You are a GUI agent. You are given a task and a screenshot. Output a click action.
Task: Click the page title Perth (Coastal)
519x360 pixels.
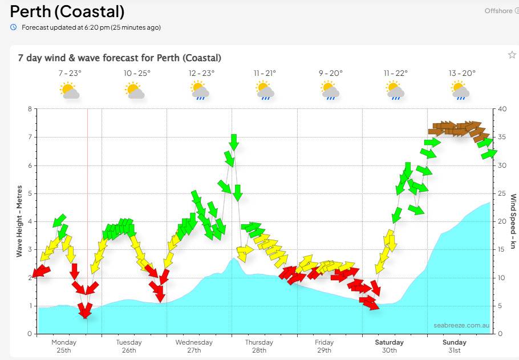click(67, 11)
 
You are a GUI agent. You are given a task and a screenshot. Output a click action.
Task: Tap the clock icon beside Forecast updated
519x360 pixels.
click(13, 27)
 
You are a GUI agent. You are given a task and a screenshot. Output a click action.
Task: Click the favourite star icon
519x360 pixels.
click(512, 55)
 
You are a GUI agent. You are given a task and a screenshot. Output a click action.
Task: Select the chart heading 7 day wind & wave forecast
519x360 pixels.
click(120, 58)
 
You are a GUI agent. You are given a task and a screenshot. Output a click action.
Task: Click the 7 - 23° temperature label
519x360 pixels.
click(70, 73)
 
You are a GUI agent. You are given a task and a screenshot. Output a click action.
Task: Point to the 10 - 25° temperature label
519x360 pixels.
click(137, 73)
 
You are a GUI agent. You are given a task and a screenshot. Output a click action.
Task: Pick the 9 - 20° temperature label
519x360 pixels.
click(331, 73)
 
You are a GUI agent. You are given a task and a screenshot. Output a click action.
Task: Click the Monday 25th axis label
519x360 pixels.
click(64, 346)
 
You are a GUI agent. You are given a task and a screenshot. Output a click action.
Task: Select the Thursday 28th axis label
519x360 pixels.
click(259, 346)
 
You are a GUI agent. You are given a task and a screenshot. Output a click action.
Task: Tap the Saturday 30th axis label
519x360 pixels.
click(389, 346)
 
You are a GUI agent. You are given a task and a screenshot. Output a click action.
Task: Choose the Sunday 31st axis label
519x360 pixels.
click(455, 346)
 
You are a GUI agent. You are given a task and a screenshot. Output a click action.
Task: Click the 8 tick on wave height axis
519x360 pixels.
click(30, 109)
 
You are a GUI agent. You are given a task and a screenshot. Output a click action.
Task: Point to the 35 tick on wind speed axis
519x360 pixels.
click(502, 137)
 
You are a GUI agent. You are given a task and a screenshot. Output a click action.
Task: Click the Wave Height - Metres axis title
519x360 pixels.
click(19, 221)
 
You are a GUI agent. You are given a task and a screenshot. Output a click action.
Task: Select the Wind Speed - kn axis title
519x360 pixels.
click(513, 221)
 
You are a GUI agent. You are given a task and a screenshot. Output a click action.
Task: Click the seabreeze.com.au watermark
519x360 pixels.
click(461, 325)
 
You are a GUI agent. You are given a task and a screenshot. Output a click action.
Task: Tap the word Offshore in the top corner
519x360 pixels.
click(498, 11)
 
